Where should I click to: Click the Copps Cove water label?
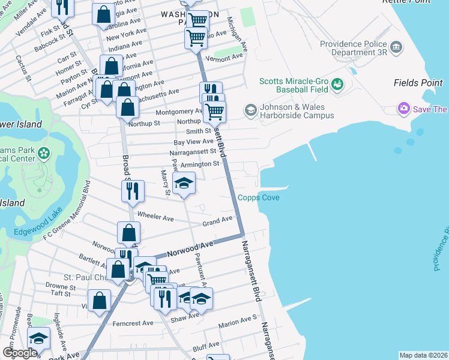click(258, 197)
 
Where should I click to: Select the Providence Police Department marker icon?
click(396, 47)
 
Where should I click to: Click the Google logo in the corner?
click(20, 353)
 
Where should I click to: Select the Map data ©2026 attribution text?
click(423, 355)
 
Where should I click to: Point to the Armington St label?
click(200, 164)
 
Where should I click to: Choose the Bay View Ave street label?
click(193, 142)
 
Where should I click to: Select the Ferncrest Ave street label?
click(133, 323)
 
